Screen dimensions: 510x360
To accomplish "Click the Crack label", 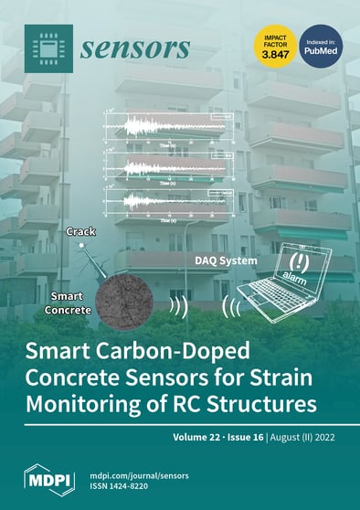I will (x=82, y=233).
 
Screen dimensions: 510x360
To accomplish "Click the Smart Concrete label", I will (x=72, y=303).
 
